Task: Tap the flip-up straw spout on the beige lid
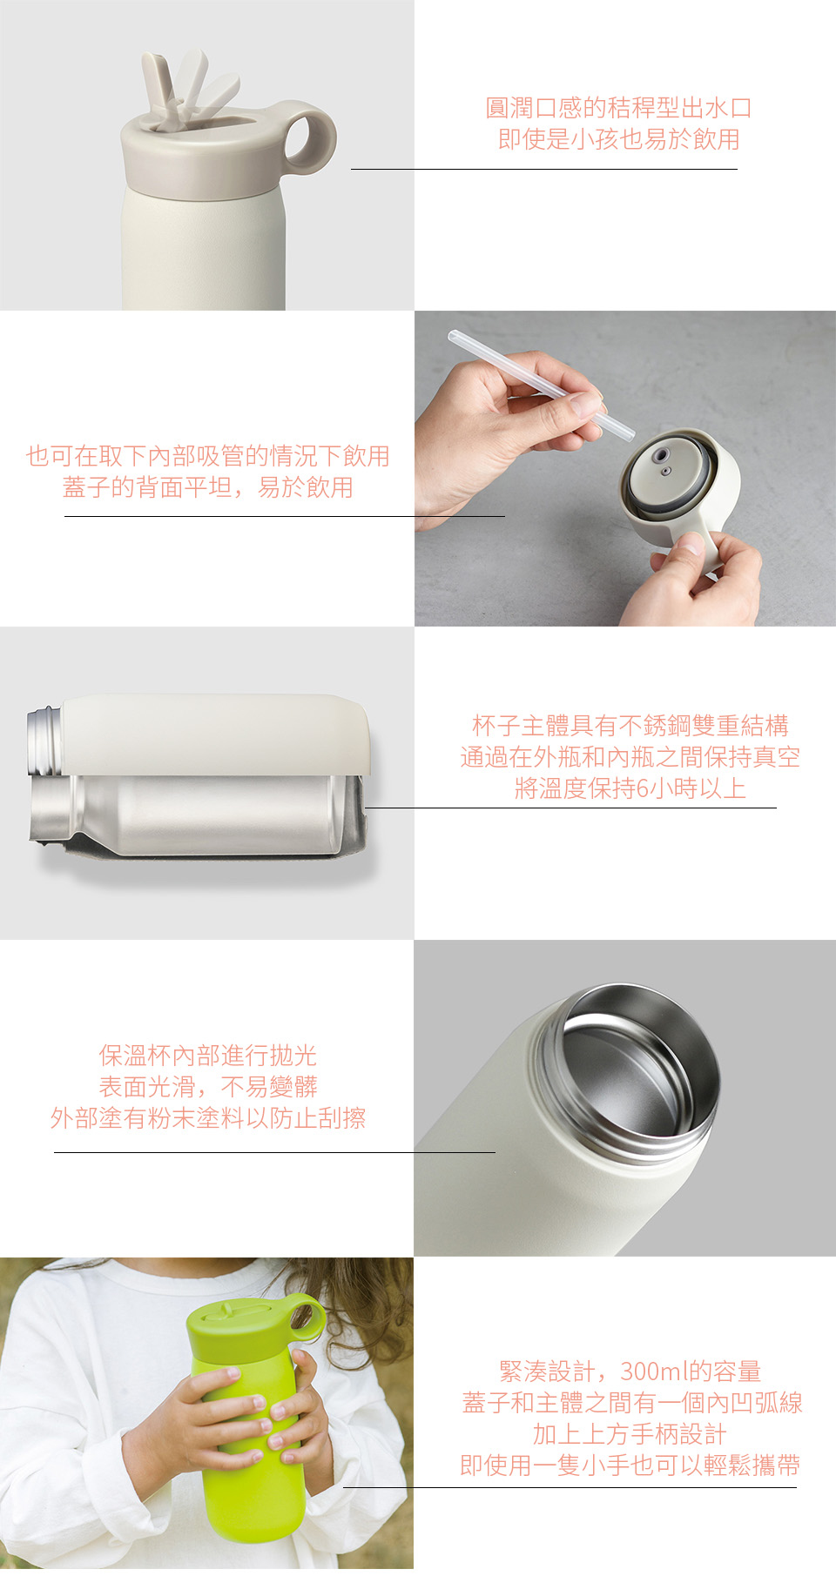pyautogui.click(x=187, y=87)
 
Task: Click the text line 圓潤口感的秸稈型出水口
pyautogui.click(x=618, y=108)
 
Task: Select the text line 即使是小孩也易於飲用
pyautogui.click(x=618, y=139)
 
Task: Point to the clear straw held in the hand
pyautogui.click(x=540, y=384)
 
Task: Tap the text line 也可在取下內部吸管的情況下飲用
pyautogui.click(x=208, y=456)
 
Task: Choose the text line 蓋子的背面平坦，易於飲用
pyautogui.click(x=208, y=487)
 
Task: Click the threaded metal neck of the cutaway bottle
pyautogui.click(x=44, y=741)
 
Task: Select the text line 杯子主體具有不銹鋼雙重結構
pyautogui.click(x=630, y=726)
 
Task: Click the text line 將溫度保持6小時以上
pyautogui.click(x=630, y=788)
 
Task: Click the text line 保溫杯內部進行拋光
pyautogui.click(x=208, y=1056)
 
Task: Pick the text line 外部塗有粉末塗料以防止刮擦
pyautogui.click(x=208, y=1118)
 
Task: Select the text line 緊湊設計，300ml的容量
pyautogui.click(x=630, y=1371)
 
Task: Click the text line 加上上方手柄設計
pyautogui.click(x=630, y=1434)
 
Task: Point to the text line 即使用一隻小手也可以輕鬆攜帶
pyautogui.click(x=630, y=1465)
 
